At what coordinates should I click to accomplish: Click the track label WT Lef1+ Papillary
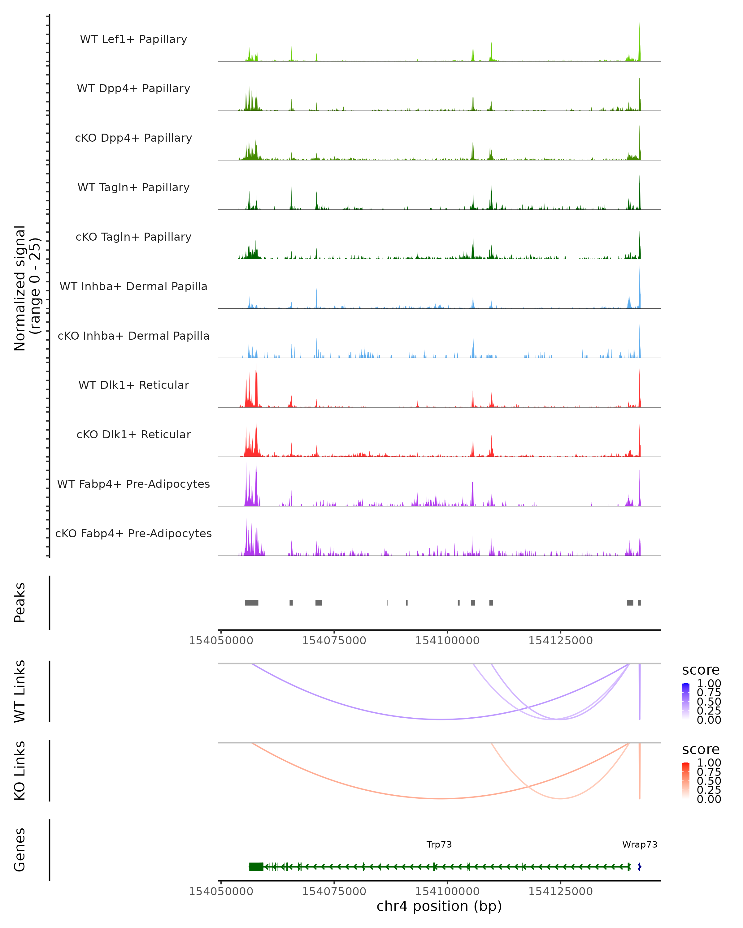[133, 39]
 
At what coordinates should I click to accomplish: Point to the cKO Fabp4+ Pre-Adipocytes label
[133, 533]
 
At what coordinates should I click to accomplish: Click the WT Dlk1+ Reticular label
[133, 385]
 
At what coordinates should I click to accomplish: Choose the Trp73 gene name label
[439, 844]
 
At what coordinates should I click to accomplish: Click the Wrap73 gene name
[640, 844]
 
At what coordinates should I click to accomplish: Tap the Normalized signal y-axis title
[27, 288]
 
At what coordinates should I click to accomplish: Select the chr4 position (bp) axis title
[439, 906]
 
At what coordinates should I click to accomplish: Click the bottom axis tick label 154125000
[560, 891]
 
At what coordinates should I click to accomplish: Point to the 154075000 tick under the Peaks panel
[334, 641]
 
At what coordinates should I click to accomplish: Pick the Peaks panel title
[20, 603]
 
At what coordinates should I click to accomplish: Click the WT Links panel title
[20, 691]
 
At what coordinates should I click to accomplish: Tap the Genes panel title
[20, 850]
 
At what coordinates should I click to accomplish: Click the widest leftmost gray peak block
[252, 603]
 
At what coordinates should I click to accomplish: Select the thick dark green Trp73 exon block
[256, 867]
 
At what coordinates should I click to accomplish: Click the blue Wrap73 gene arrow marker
[640, 867]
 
